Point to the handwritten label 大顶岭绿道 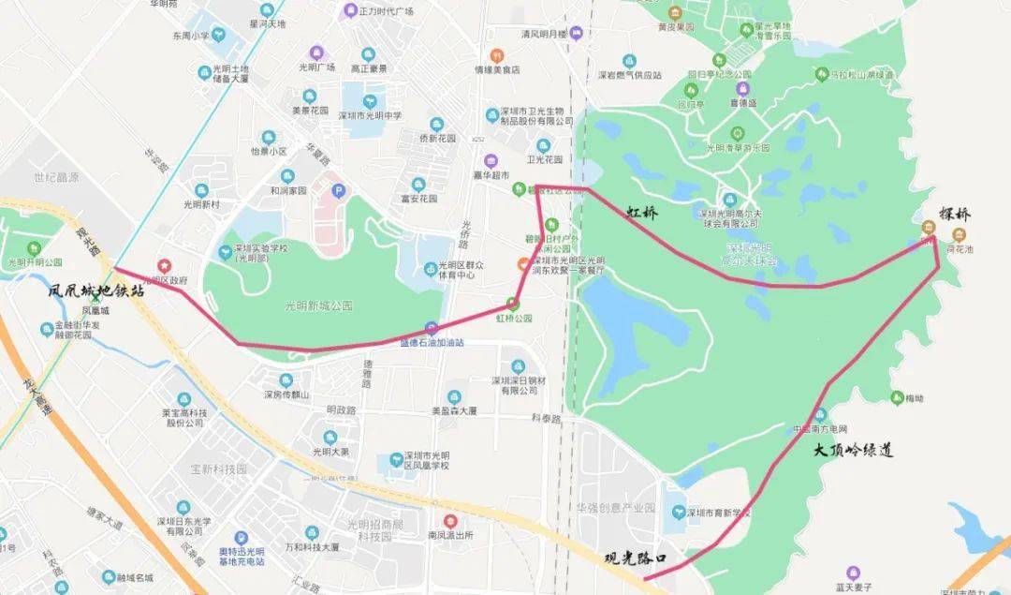(x=853, y=451)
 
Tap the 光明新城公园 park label (x=318, y=305)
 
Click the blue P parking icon (x=340, y=190)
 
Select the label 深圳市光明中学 (x=370, y=116)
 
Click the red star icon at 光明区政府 (x=165, y=267)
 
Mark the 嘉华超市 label (x=491, y=175)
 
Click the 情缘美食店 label (x=496, y=69)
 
